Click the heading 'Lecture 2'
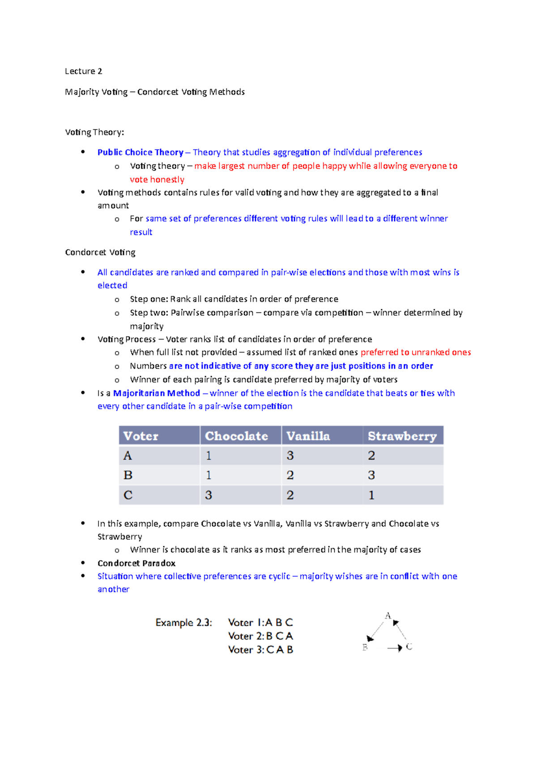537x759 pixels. [x=83, y=71]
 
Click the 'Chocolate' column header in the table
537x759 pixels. [x=236, y=436]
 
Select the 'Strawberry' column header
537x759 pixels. [x=402, y=436]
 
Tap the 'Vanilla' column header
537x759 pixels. [x=308, y=436]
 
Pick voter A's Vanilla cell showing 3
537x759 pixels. [x=290, y=455]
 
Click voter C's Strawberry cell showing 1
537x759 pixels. [x=371, y=495]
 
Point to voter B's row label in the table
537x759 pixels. [x=128, y=475]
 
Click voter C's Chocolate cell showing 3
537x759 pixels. [x=209, y=495]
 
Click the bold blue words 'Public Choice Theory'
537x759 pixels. [x=140, y=152]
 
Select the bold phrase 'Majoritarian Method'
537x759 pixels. [x=156, y=393]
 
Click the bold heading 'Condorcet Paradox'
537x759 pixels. [x=136, y=563]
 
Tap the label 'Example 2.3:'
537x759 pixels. [x=183, y=623]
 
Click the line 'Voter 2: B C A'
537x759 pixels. [x=260, y=636]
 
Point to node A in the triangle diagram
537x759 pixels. [x=388, y=616]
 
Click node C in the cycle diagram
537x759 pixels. [x=409, y=647]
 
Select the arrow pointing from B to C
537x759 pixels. [x=394, y=648]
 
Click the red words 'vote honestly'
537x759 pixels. [x=157, y=179]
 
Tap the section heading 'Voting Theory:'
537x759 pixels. [x=94, y=132]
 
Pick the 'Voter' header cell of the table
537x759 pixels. [x=141, y=436]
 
